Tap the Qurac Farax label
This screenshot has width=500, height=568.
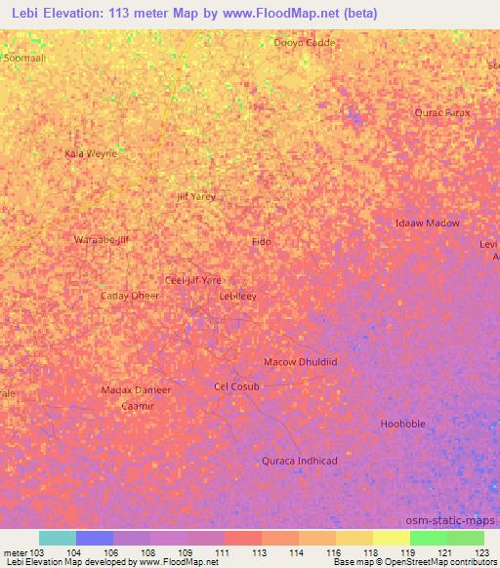coord(442,112)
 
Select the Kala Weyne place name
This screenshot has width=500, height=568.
coord(90,153)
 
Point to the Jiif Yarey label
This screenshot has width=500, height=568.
coord(195,196)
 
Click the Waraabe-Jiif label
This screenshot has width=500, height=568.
coord(102,239)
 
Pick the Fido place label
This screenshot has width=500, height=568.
coord(261,241)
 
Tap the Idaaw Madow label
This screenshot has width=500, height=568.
coord(427,223)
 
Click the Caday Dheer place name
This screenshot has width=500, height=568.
coord(130,295)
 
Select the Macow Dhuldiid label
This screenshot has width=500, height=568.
coord(301,361)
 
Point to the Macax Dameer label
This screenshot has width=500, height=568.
coord(136,389)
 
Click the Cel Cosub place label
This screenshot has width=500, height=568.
coord(237,386)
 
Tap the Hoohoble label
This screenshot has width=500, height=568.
coord(402,424)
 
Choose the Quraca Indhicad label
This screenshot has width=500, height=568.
coord(300,461)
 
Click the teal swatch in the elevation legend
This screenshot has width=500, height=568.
coord(58,538)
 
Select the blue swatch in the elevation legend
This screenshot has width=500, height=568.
coord(95,538)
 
